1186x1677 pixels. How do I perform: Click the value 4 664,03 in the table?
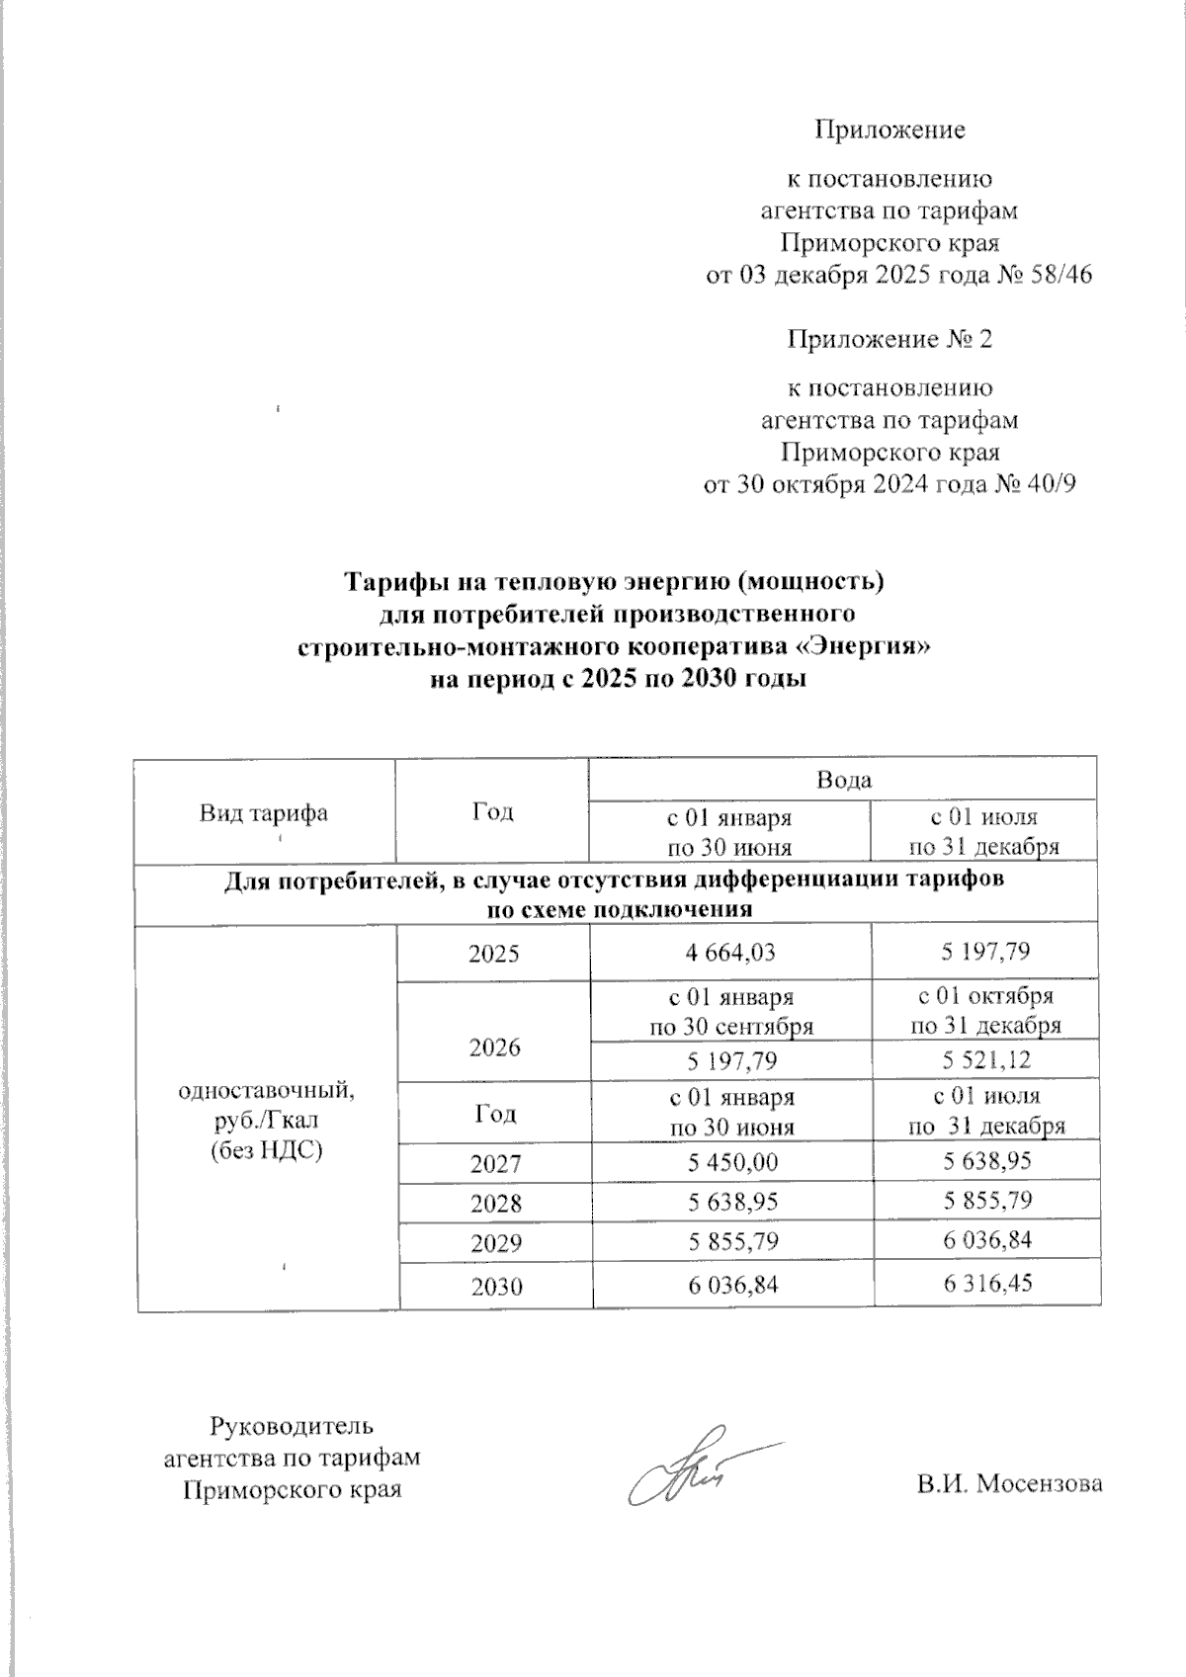point(731,953)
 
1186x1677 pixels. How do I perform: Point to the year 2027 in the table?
point(495,1164)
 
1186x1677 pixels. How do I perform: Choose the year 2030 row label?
point(495,1287)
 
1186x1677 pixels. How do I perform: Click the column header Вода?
point(843,780)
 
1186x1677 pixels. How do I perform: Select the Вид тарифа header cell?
point(264,813)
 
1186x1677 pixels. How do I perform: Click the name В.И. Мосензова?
point(1008,1483)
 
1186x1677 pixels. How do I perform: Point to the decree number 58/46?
point(1059,275)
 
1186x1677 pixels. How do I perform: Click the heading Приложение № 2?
point(889,340)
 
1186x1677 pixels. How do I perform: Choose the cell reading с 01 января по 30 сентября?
point(731,1010)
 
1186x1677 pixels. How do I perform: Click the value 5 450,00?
point(731,1162)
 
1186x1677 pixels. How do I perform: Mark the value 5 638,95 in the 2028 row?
point(731,1202)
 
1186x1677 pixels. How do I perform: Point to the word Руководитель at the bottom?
point(292,1426)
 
